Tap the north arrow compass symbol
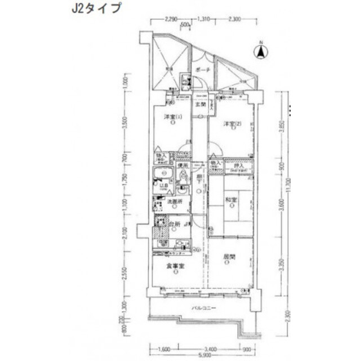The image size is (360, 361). tap(262, 51)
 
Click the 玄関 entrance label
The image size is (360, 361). tap(199, 105)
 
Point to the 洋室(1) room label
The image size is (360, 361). tap(172, 117)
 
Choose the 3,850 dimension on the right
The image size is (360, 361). tap(281, 125)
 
